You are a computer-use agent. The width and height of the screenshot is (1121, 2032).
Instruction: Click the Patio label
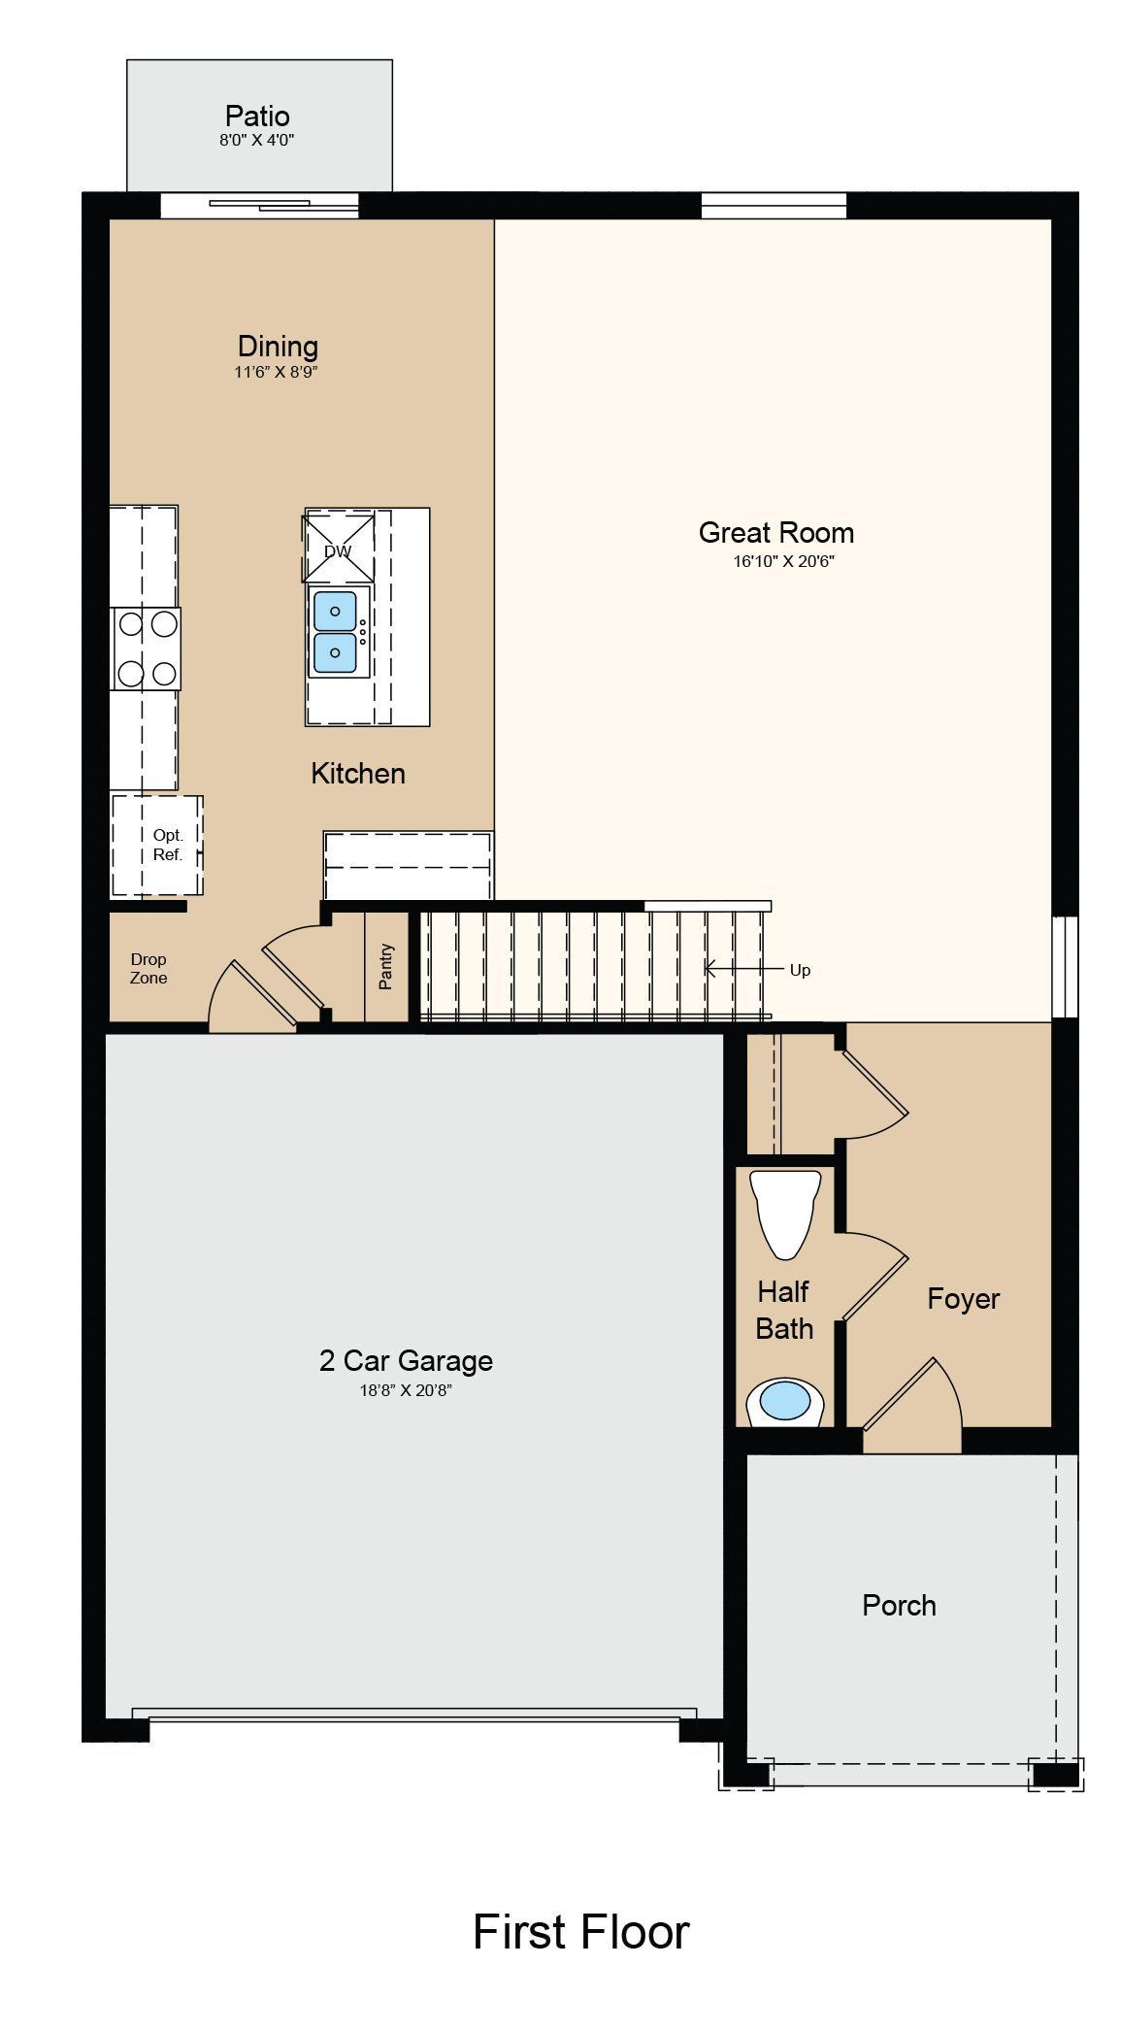pyautogui.click(x=257, y=117)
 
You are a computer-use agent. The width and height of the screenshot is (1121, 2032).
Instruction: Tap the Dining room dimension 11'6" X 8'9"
pyautogui.click(x=277, y=372)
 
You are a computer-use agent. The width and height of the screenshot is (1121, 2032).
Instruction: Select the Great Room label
pyautogui.click(x=776, y=532)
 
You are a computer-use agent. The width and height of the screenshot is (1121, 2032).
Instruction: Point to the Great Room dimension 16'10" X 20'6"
pyautogui.click(x=783, y=560)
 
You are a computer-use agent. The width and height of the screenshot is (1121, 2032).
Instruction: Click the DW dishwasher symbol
pyautogui.click(x=339, y=548)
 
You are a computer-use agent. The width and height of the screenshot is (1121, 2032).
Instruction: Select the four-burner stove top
pyautogui.click(x=146, y=649)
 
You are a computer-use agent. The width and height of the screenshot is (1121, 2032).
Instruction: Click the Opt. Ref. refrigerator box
pyautogui.click(x=157, y=845)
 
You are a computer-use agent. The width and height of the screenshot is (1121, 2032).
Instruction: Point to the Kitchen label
pyautogui.click(x=358, y=774)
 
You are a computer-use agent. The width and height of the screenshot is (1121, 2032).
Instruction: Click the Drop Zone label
pyautogui.click(x=148, y=969)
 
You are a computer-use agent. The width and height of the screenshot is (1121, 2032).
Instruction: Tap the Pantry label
pyautogui.click(x=386, y=966)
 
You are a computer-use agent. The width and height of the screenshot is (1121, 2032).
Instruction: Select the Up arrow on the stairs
pyautogui.click(x=744, y=968)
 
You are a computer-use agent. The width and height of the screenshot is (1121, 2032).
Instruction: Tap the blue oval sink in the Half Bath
pyautogui.click(x=784, y=1401)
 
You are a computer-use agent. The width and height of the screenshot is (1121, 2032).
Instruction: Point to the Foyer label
pyautogui.click(x=963, y=1299)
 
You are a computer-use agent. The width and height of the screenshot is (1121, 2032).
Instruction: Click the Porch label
pyautogui.click(x=899, y=1606)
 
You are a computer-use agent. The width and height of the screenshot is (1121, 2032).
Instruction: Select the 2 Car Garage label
pyautogui.click(x=406, y=1361)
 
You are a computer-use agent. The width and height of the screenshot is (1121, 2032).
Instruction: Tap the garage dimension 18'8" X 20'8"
pyautogui.click(x=406, y=1390)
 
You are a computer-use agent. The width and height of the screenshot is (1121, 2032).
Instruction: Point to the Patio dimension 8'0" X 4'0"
pyautogui.click(x=256, y=140)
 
